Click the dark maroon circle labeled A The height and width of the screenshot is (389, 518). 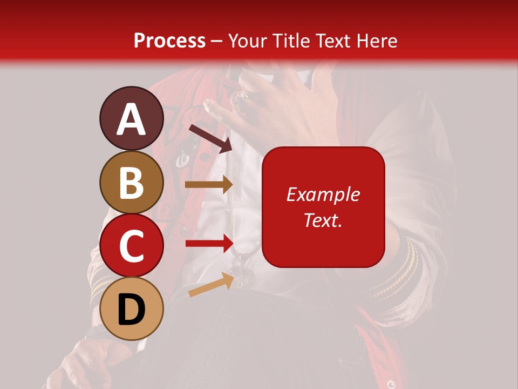pos(132,118)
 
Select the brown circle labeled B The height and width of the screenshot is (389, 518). pos(132,182)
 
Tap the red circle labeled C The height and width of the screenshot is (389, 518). pos(132,246)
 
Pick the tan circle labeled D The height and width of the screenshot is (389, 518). pos(132,309)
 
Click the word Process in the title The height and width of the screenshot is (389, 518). pos(169,41)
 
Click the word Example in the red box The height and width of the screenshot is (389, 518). pos(323,194)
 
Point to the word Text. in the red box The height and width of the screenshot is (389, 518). pos(323,220)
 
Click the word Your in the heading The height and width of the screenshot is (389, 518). pos(249,41)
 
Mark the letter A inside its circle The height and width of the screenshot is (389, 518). pos(132,119)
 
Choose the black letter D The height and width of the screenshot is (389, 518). pos(132,310)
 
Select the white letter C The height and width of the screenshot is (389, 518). pos(132,246)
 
